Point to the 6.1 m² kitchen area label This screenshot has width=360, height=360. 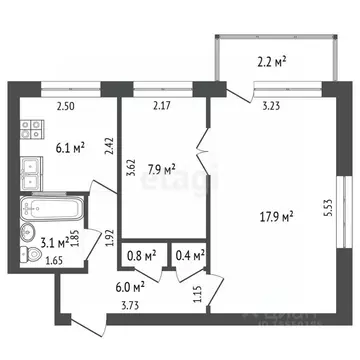(x=68, y=147)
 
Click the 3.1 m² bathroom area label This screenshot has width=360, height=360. (x=53, y=240)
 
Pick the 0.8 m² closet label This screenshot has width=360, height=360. (x=141, y=257)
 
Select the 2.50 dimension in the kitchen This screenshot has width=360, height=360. (x=65, y=106)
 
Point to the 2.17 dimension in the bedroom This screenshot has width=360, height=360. (x=161, y=106)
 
